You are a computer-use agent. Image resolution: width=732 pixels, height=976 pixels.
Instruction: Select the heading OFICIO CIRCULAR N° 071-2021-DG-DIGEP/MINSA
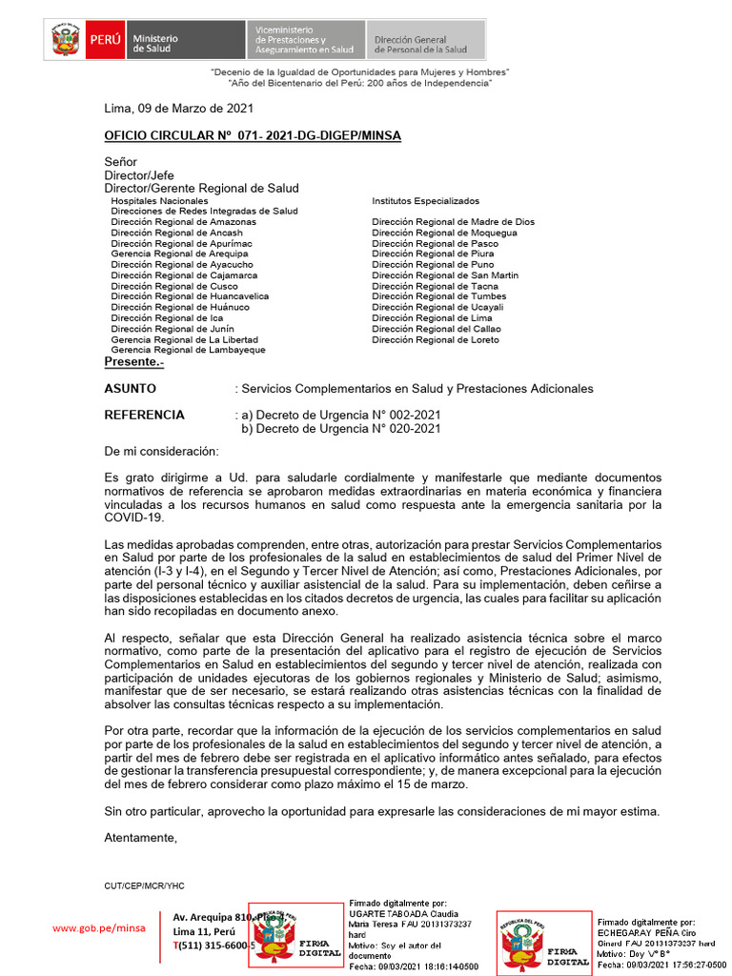pos(253,136)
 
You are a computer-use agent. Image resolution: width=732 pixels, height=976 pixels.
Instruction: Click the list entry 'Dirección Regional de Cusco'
pos(174,286)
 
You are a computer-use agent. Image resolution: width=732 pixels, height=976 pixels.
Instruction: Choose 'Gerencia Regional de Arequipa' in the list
pos(178,254)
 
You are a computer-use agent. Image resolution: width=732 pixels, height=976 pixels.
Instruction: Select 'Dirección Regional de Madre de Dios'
pos(453,222)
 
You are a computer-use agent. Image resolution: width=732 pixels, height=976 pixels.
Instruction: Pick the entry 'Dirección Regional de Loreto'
pos(435,339)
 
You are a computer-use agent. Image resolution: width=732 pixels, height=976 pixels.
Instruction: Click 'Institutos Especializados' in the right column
pos(425,201)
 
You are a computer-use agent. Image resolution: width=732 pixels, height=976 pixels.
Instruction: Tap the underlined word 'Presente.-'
pos(133,362)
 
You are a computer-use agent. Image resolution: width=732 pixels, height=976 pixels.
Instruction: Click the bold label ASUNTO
pos(131,389)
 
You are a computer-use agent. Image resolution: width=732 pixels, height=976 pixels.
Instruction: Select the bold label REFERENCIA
pos(144,415)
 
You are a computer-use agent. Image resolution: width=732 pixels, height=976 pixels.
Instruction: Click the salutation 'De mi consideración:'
pos(161,451)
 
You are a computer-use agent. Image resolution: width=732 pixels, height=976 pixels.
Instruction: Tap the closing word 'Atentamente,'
pos(141,838)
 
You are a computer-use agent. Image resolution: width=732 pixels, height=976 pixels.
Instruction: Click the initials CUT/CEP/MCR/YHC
pos(145,885)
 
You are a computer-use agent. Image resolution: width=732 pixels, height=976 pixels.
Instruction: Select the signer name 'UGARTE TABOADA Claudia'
pos(404,913)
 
